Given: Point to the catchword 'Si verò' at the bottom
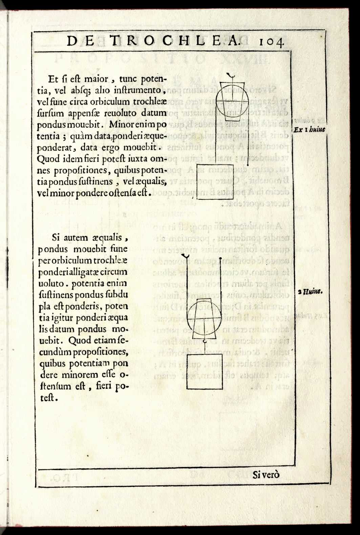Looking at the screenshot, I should click(x=266, y=475).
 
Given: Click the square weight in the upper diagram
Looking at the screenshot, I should click(x=215, y=182).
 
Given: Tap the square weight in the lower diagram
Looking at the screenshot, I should click(x=205, y=372).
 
